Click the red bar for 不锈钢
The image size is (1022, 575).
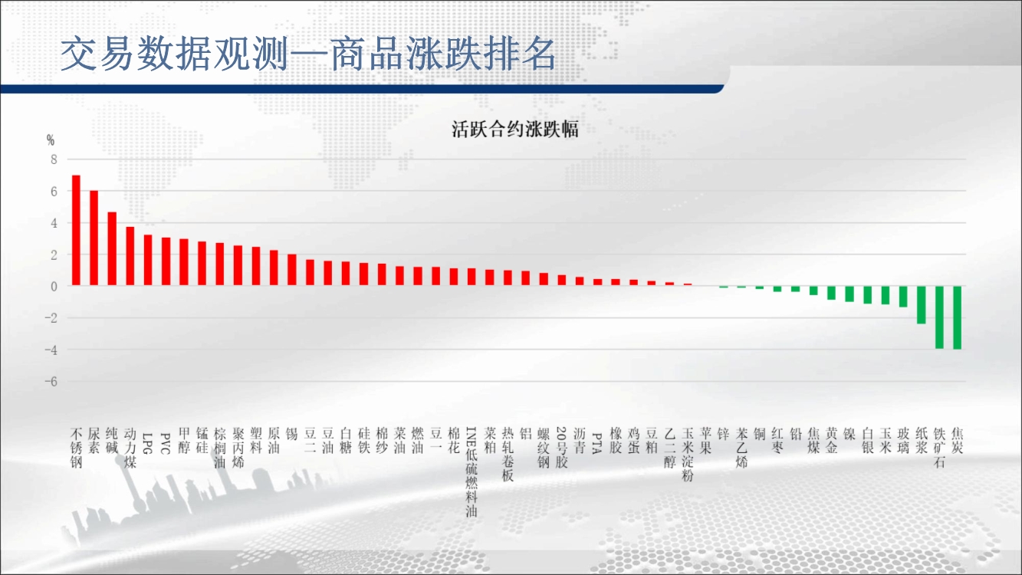[76, 231]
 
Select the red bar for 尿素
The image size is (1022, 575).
[94, 238]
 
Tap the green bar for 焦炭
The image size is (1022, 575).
[957, 317]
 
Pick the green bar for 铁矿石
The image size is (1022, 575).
[939, 317]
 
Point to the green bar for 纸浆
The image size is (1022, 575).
[921, 305]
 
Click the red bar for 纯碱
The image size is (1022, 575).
[112, 249]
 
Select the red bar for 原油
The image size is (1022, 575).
[274, 268]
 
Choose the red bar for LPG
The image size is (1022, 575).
[148, 261]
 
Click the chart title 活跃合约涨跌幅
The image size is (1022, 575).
[515, 130]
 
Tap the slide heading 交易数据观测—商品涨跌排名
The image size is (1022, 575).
[308, 54]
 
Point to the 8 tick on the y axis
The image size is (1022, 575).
[54, 159]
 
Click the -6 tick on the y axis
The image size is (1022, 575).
[51, 382]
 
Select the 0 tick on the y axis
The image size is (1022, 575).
[54, 287]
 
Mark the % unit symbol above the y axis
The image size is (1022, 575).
[51, 140]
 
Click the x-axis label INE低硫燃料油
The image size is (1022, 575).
[472, 472]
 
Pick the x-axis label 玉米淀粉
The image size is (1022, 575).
[688, 455]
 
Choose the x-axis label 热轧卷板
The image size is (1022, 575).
[508, 455]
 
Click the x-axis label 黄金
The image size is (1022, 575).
[831, 441]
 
